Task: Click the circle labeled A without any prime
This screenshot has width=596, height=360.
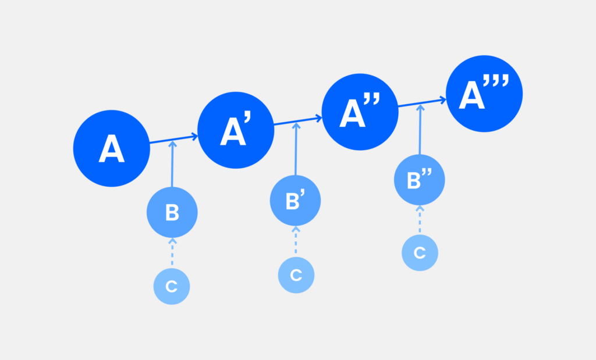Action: coord(111,148)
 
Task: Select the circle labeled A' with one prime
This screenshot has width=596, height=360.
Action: coord(236,130)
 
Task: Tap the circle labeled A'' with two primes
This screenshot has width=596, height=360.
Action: coord(360,112)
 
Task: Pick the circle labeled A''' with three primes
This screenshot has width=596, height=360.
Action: coord(484,94)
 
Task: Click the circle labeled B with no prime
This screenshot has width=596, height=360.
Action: coord(172,212)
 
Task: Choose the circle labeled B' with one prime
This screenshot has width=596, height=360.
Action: coord(295,201)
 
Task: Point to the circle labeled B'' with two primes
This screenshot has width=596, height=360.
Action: coord(420,180)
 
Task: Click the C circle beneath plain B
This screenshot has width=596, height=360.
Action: coord(172,286)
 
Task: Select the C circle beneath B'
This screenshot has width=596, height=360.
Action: coord(296,275)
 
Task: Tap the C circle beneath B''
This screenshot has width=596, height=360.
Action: coord(420,253)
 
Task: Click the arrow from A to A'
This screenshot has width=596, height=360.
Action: coord(173,139)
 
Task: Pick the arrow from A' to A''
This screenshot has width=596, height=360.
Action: coord(298,121)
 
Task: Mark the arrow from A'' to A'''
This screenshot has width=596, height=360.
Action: coord(422,102)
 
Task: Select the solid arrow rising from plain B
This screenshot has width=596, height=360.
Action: coord(172,164)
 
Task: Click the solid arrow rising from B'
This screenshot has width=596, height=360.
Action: coord(296,149)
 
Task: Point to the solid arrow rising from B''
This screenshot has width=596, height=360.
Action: coord(420,130)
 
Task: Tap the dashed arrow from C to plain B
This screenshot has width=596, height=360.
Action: coord(172,251)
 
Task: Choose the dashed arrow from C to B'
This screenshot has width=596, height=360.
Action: coord(296,240)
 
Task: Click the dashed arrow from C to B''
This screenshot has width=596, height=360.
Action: coord(420,219)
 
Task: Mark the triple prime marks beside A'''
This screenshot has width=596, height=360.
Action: coord(496,80)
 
